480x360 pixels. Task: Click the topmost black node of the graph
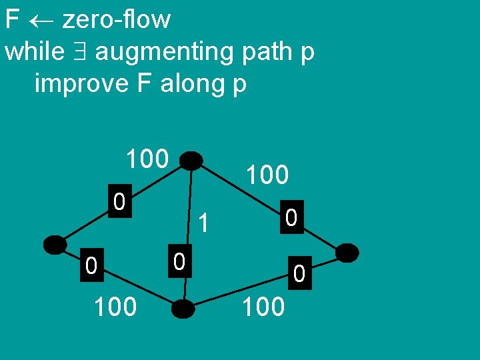191,161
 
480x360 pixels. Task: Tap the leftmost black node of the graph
55,245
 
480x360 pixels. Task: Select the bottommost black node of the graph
183,309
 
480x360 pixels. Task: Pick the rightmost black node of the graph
347,253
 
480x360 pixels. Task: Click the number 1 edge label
205,223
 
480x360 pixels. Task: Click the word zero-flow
117,20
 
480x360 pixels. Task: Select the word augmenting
169,52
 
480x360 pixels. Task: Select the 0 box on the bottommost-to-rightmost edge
299,272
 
